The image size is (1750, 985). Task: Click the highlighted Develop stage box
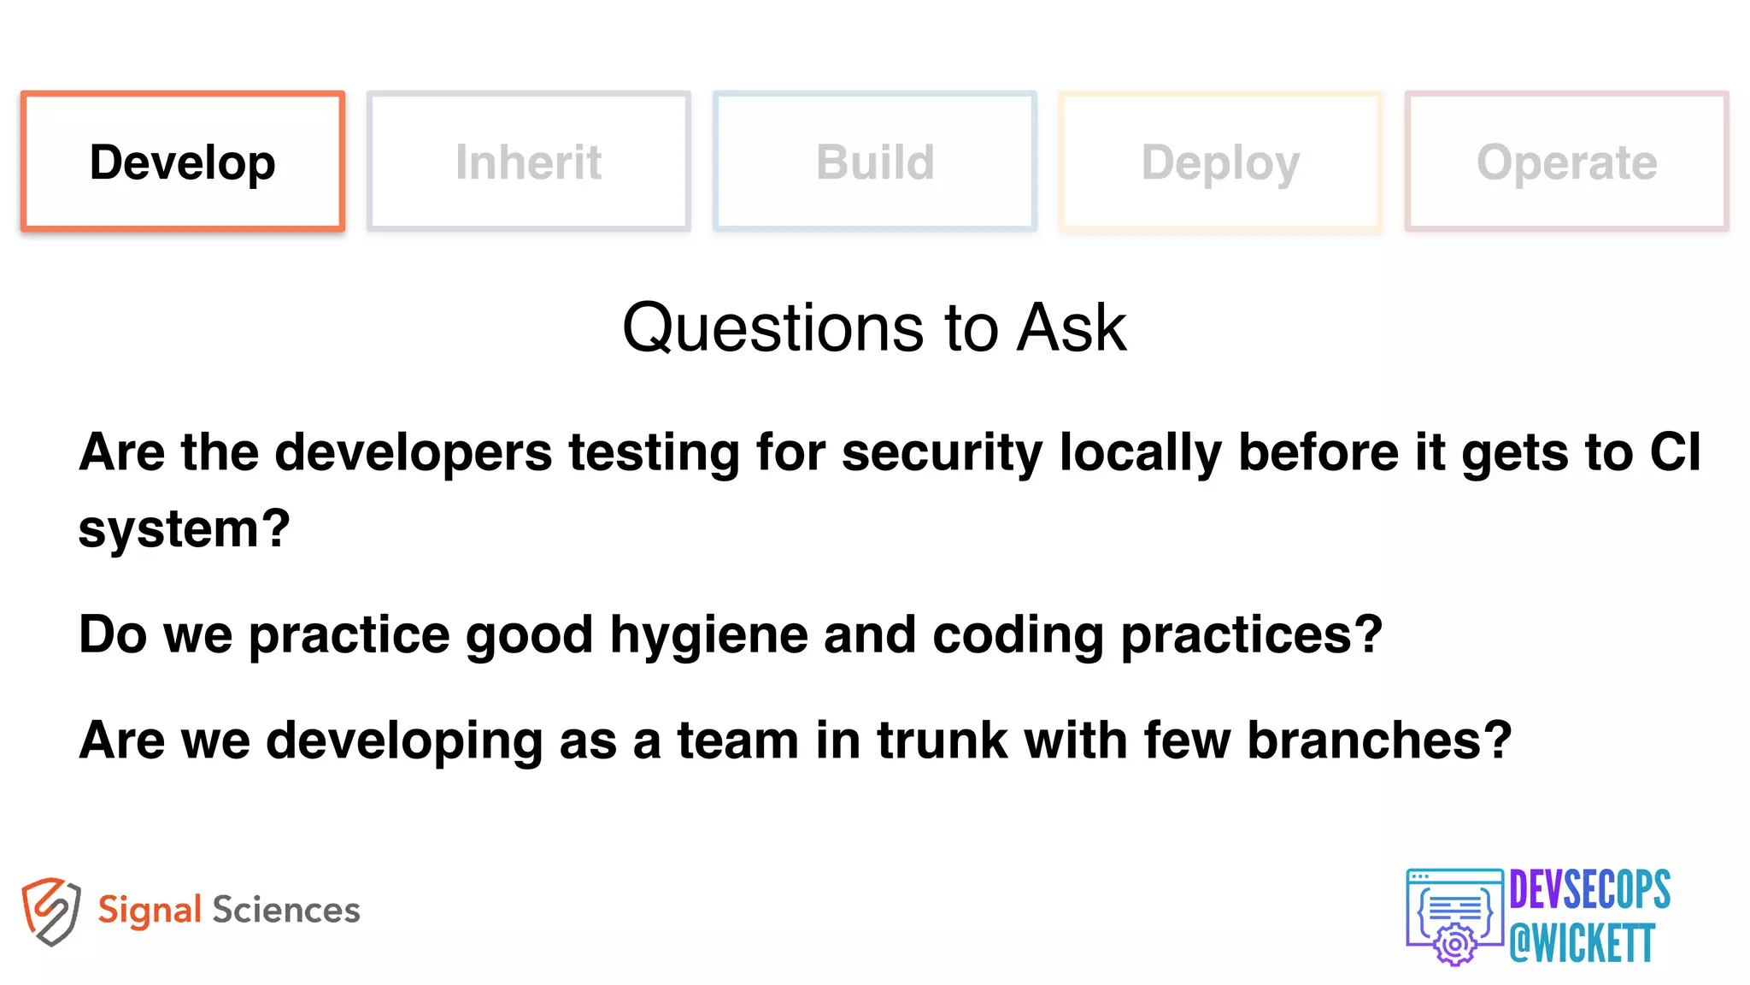(183, 162)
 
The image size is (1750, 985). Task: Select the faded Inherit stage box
(528, 162)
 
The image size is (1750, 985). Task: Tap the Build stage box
(875, 162)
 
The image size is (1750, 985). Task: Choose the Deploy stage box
(1220, 162)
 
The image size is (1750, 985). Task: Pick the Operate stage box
(1566, 162)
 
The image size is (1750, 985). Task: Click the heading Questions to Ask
(874, 327)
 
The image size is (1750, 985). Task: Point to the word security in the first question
(942, 452)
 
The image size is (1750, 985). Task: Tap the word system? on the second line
(185, 529)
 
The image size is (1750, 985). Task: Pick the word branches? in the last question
(1379, 740)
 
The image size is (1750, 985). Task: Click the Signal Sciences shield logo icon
(51, 911)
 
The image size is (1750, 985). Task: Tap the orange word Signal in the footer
(150, 911)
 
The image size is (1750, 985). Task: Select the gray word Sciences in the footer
(286, 910)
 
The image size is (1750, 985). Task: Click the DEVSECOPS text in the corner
(1589, 889)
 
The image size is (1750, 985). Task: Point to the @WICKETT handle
(1583, 943)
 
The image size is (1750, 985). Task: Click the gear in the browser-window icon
(1455, 944)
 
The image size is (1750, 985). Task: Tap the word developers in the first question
(414, 452)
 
